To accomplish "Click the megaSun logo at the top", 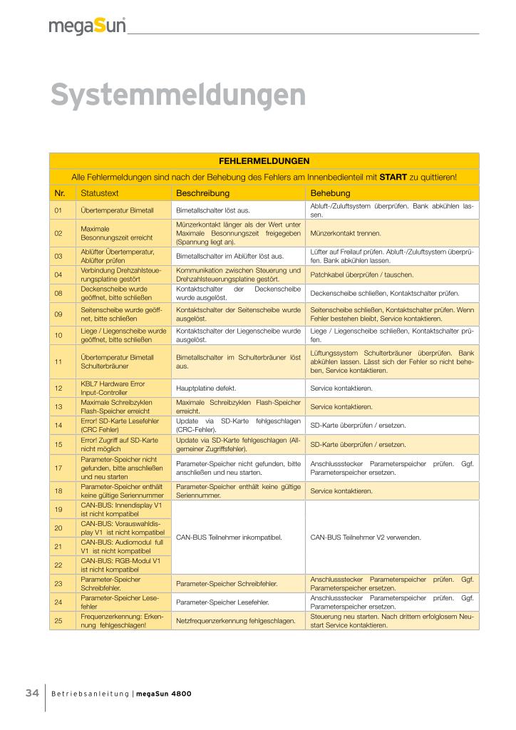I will [87, 26].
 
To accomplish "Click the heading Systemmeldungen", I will [178, 96].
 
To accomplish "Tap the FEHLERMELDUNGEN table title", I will [264, 160].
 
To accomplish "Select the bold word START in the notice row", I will [393, 177].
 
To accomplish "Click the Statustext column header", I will [99, 193].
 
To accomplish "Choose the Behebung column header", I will [330, 193].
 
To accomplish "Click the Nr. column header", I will [60, 193].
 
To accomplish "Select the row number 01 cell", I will [59, 210].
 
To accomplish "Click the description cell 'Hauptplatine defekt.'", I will [205, 389].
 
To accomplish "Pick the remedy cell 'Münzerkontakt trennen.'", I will [346, 233].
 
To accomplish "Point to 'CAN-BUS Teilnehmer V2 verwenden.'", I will [366, 537].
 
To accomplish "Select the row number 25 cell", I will [59, 620].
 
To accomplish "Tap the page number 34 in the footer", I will [32, 693].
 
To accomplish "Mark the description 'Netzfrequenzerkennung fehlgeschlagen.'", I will [235, 621].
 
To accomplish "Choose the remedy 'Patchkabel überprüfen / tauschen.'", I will [362, 274].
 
